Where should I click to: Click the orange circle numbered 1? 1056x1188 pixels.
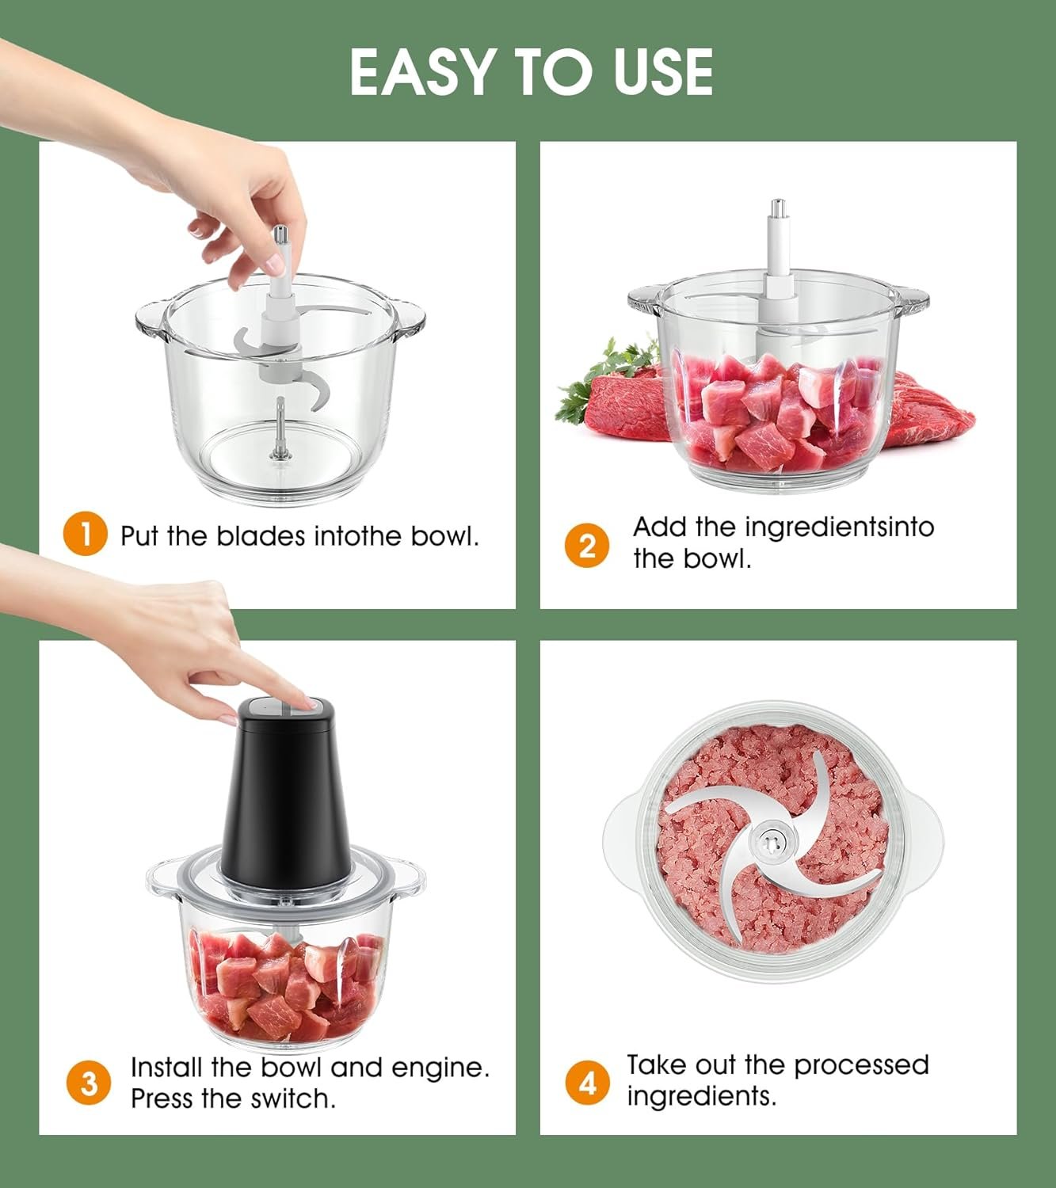tap(85, 534)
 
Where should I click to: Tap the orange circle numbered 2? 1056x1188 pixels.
tap(587, 546)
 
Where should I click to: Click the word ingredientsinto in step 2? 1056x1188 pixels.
tap(840, 527)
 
